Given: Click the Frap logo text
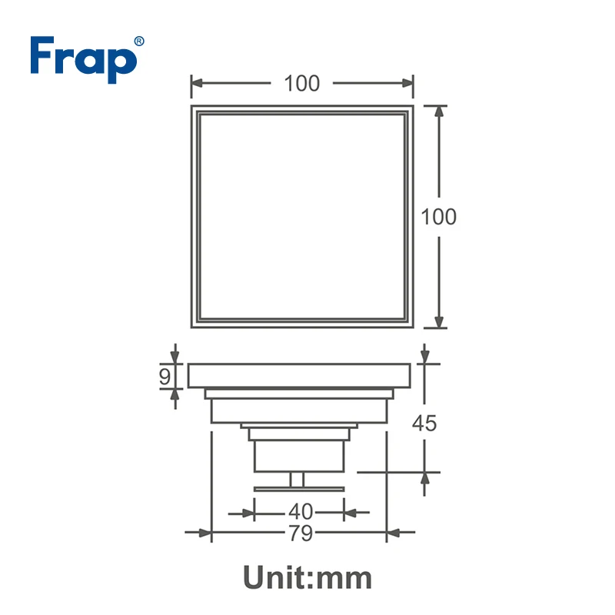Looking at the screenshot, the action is click(84, 60).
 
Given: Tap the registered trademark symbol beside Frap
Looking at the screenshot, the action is click(139, 42).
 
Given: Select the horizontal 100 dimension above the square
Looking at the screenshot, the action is click(302, 83).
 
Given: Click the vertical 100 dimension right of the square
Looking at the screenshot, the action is click(438, 217).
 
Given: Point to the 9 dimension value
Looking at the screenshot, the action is click(165, 376).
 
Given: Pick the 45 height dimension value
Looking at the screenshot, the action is click(424, 424).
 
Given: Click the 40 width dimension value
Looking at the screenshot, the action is click(301, 511).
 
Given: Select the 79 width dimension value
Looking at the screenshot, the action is click(301, 533).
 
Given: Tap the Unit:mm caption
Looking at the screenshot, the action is click(307, 577).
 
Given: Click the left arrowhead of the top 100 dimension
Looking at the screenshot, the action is click(197, 83).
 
